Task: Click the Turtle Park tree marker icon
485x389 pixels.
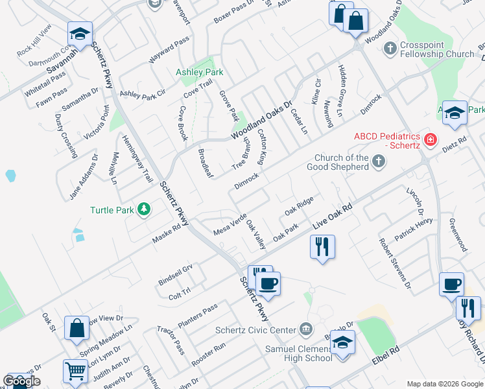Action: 143,209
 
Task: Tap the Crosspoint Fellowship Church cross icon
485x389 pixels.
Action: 390,48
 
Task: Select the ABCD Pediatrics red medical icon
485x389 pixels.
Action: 429,139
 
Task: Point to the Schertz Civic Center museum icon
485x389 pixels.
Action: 307,329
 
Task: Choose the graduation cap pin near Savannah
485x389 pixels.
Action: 80,33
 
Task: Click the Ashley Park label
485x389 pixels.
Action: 200,72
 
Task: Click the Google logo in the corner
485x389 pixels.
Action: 21,381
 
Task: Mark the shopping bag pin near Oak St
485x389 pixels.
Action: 77,329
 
